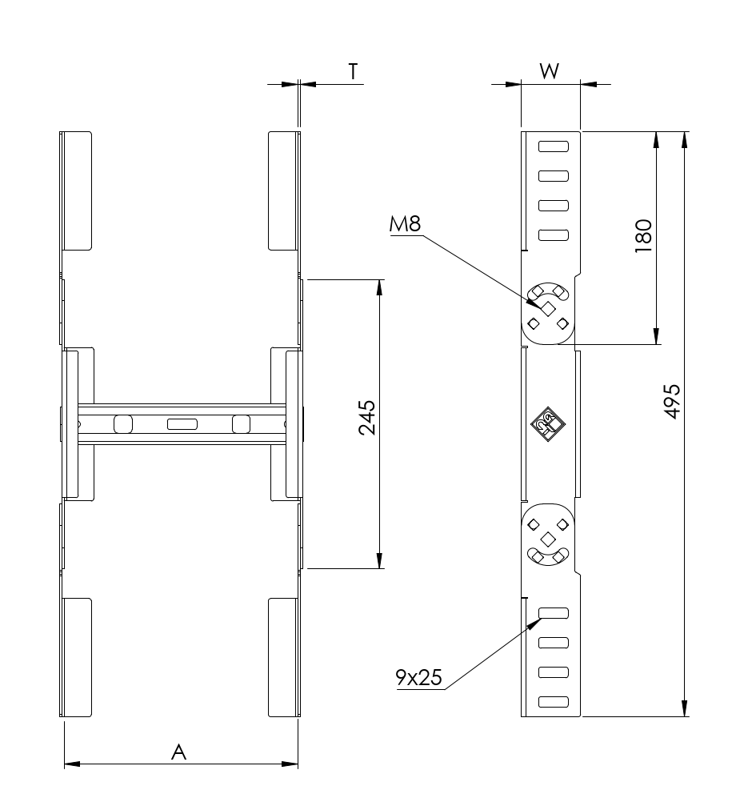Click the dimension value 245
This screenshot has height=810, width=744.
pos(367,417)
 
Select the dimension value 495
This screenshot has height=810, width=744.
pos(672,401)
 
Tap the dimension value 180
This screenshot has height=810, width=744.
pos(643,236)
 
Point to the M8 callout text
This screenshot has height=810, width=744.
pos(406,224)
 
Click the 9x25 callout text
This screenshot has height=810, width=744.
pos(418,677)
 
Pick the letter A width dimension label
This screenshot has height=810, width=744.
pos(178,752)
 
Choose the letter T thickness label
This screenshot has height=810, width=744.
pos(353,71)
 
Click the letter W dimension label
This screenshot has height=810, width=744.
pos(550,71)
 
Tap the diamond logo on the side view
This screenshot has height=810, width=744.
pos(548,425)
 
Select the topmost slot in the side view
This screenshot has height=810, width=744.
pos(554,146)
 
